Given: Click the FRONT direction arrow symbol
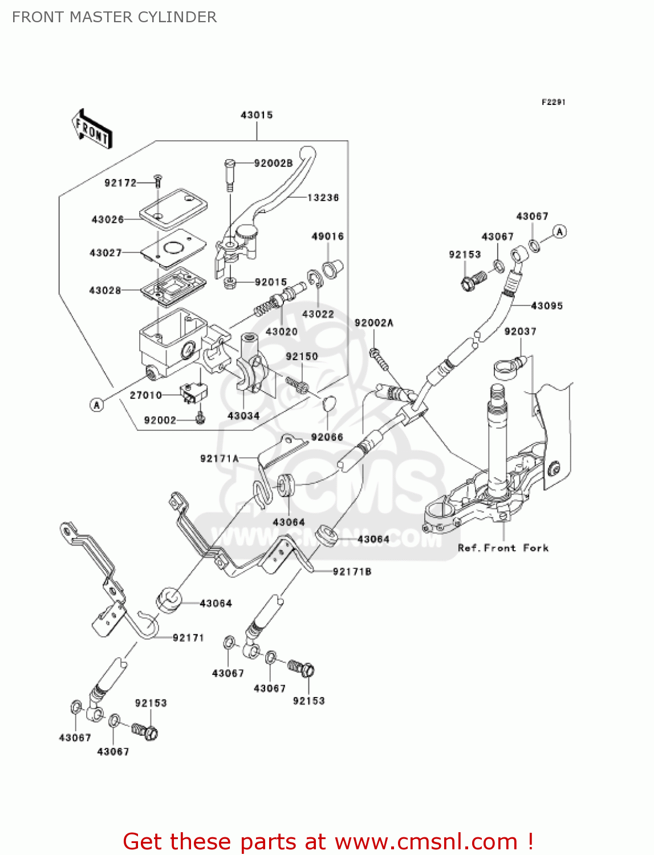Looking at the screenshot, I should click(92, 129).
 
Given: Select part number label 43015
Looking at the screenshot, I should click(257, 115).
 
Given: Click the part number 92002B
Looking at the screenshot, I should click(273, 164).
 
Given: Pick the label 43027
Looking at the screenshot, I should click(105, 253).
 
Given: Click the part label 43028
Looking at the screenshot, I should click(105, 291).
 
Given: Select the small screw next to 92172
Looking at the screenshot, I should click(158, 182).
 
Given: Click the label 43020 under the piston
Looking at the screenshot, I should click(282, 331).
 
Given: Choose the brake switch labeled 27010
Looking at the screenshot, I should click(193, 393).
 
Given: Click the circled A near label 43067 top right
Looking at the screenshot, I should click(560, 231).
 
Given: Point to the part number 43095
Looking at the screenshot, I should click(547, 306).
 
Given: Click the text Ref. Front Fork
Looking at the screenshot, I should click(503, 548).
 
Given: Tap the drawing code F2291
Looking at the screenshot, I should click(553, 102).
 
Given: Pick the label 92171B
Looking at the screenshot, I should click(352, 571).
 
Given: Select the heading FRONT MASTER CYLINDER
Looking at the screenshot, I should click(115, 17).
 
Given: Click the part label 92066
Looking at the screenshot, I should click(327, 437).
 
